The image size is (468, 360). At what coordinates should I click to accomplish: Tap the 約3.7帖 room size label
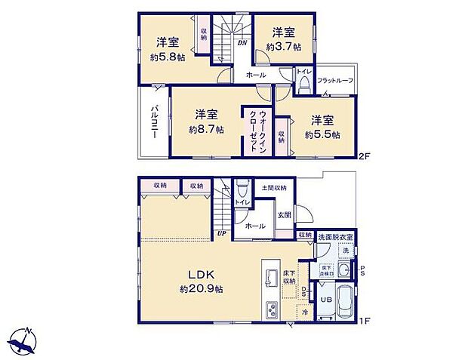tap(283, 45)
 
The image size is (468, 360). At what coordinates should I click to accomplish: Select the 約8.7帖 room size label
tap(206, 129)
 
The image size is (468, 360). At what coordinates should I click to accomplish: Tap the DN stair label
tap(242, 43)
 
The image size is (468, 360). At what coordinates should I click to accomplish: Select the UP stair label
tap(222, 233)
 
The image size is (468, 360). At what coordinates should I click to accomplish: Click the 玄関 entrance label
tap(283, 215)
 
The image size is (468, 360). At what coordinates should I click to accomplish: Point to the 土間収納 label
tap(274, 187)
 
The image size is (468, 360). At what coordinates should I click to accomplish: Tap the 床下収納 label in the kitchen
tap(290, 276)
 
